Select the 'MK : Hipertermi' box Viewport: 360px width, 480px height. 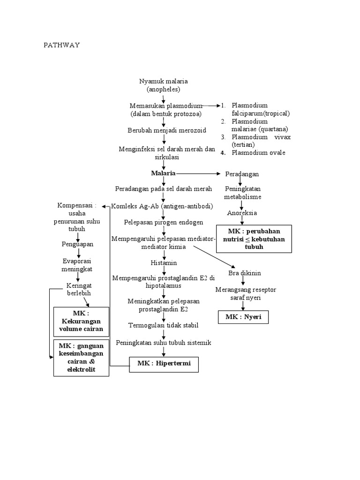tap(164, 363)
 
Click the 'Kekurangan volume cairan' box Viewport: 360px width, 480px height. tap(81, 321)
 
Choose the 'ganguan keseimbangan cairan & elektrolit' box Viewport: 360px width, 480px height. tap(81, 357)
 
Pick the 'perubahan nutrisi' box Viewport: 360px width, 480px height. tap(254, 239)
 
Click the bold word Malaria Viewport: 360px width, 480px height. tap(163, 173)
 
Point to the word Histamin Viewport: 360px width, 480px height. tap(164, 262)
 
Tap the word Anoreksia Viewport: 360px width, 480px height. tap(242, 213)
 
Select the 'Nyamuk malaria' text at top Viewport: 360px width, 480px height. tap(163, 85)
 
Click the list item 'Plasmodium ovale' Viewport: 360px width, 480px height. tap(258, 152)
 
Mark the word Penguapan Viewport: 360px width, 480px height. tap(78, 244)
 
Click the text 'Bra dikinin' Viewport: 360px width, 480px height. tap(244, 273)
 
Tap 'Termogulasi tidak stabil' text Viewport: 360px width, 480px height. tap(164, 325)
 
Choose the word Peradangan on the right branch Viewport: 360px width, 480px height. tap(242, 174)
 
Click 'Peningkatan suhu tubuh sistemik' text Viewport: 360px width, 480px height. tap(164, 343)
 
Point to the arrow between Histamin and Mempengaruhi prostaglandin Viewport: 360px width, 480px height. tap(164, 270)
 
